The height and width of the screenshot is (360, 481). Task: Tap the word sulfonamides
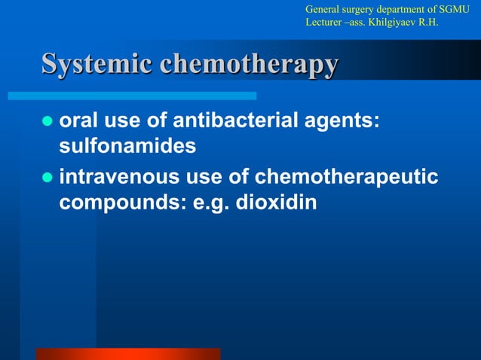[x=127, y=146]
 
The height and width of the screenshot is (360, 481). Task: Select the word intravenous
[x=121, y=177]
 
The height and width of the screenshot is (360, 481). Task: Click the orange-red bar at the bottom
[x=128, y=353]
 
